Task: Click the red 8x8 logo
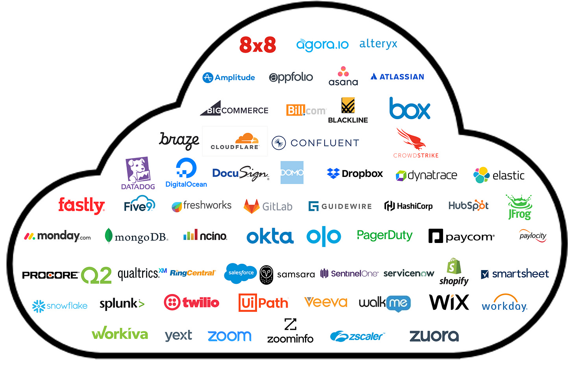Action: tap(258, 45)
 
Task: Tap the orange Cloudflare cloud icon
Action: tap(247, 138)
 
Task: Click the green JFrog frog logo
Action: tap(519, 207)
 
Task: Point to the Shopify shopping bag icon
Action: tap(454, 267)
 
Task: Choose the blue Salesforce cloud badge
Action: tap(240, 272)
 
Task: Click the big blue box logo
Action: tap(410, 109)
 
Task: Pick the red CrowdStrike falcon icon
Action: tap(410, 140)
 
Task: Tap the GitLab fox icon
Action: tap(251, 206)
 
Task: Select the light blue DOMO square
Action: tap(292, 173)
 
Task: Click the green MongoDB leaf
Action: tap(109, 236)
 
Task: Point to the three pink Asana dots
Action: tap(343, 72)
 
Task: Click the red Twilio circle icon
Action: tap(172, 302)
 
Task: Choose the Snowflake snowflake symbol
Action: tap(39, 306)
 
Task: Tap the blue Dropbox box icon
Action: tap(333, 173)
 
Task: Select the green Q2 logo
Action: tap(96, 275)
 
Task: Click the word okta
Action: tap(270, 237)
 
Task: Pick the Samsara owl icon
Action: tap(266, 274)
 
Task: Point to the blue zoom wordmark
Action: tap(229, 336)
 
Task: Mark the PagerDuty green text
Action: tap(384, 235)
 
